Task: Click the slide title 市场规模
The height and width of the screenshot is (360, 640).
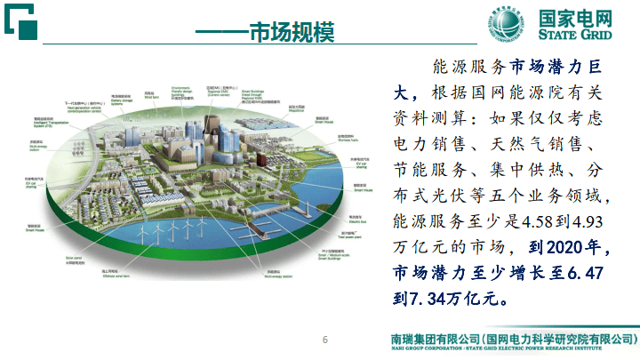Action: pos(291,33)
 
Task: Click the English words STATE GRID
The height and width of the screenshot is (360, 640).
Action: pos(581,36)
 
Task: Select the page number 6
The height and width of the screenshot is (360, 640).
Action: pos(325,340)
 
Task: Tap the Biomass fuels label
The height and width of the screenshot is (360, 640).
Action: pos(348,139)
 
